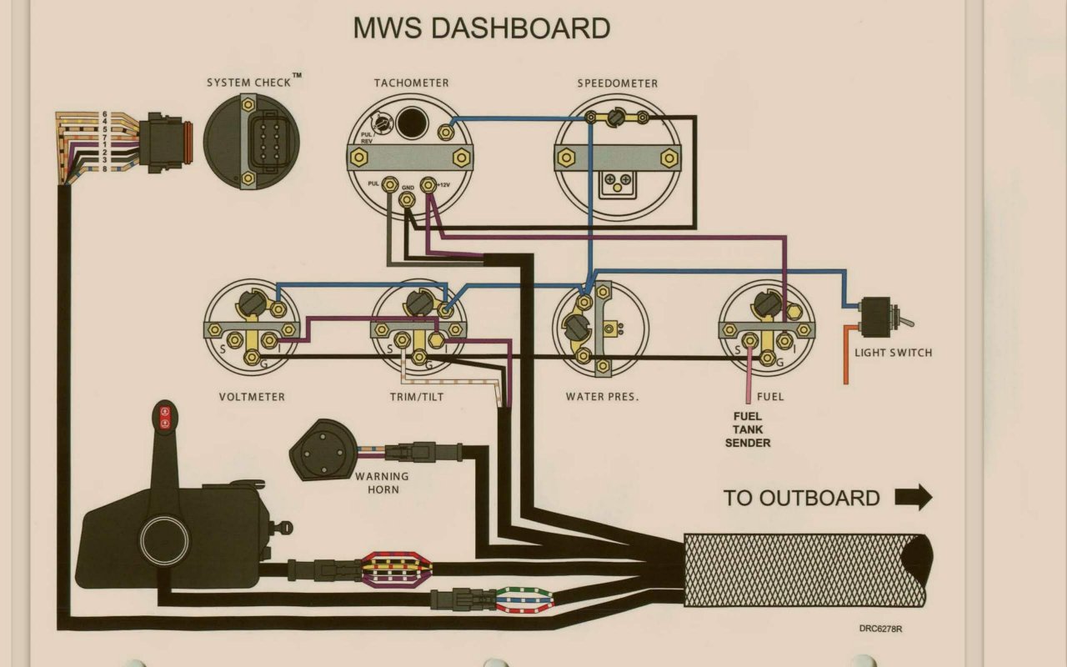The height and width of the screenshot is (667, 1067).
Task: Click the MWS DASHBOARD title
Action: click(x=482, y=28)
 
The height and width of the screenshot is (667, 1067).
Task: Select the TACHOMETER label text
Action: click(x=411, y=83)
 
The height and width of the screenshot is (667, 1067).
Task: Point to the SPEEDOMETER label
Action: click(x=618, y=83)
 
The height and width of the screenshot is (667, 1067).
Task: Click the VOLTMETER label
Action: click(x=252, y=397)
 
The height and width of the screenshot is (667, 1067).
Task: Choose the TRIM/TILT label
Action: click(x=417, y=397)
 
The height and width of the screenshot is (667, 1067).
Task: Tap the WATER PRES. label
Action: click(x=602, y=397)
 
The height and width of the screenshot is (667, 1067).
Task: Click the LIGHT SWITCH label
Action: click(x=893, y=353)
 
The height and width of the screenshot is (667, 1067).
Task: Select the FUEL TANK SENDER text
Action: click(x=748, y=429)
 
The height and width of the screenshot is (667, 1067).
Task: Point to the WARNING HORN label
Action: click(x=382, y=483)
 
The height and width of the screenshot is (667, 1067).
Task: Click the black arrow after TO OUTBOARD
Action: click(x=914, y=498)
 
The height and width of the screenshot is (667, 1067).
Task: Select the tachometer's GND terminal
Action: click(x=408, y=199)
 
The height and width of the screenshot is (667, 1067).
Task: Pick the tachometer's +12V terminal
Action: click(x=429, y=184)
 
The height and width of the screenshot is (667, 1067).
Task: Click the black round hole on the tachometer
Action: click(x=410, y=123)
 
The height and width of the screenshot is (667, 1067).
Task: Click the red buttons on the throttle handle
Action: click(x=164, y=417)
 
